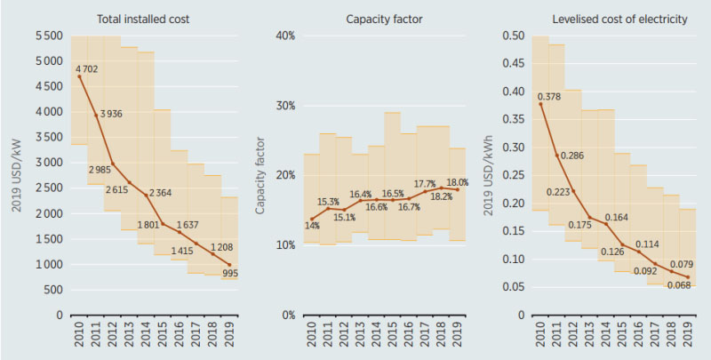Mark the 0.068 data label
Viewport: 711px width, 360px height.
(x=680, y=284)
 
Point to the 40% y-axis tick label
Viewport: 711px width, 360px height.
(x=284, y=36)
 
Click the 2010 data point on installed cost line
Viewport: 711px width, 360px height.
(x=80, y=76)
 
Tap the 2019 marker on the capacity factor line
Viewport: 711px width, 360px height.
(x=458, y=189)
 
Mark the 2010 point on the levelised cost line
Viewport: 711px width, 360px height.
(x=539, y=104)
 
